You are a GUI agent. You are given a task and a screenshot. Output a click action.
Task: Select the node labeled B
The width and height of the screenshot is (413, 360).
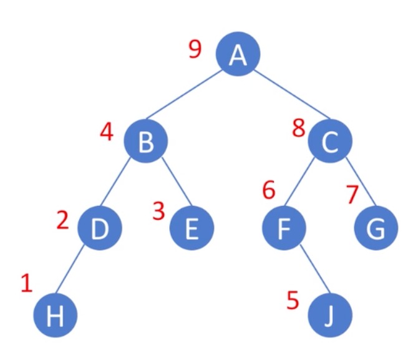pyautogui.click(x=145, y=142)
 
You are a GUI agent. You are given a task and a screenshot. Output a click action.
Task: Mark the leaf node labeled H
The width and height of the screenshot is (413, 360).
pyautogui.click(x=56, y=316)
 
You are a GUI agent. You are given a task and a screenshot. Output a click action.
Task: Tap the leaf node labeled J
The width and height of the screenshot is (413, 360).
pyautogui.click(x=330, y=316)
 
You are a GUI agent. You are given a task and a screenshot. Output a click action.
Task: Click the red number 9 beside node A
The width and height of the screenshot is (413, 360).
pyautogui.click(x=195, y=49)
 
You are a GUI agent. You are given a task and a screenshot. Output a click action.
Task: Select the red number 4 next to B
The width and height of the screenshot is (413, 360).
pyautogui.click(x=107, y=132)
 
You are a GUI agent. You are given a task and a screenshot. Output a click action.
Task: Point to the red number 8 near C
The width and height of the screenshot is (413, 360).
pyautogui.click(x=299, y=130)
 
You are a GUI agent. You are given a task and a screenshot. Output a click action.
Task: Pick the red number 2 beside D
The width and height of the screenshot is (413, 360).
pyautogui.click(x=62, y=220)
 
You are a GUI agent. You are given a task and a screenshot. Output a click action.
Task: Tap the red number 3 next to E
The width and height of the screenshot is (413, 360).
pyautogui.click(x=159, y=211)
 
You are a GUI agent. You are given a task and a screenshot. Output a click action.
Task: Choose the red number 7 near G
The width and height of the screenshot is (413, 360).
pyautogui.click(x=352, y=195)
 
